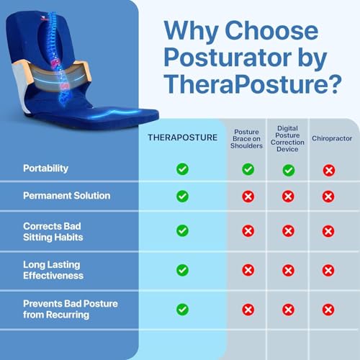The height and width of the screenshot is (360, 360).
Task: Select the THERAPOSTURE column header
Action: (182, 137)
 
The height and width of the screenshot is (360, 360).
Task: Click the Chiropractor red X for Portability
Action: (328, 170)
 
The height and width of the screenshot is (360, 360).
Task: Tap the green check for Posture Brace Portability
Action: (248, 169)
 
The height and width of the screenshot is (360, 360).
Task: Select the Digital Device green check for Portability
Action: (288, 170)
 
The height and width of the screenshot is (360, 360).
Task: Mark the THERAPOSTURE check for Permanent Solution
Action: (182, 196)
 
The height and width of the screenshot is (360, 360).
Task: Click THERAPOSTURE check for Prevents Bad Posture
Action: (182, 309)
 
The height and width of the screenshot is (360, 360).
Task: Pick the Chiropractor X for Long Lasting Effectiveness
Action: (328, 270)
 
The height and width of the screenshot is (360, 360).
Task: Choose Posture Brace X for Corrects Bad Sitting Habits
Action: (248, 230)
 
